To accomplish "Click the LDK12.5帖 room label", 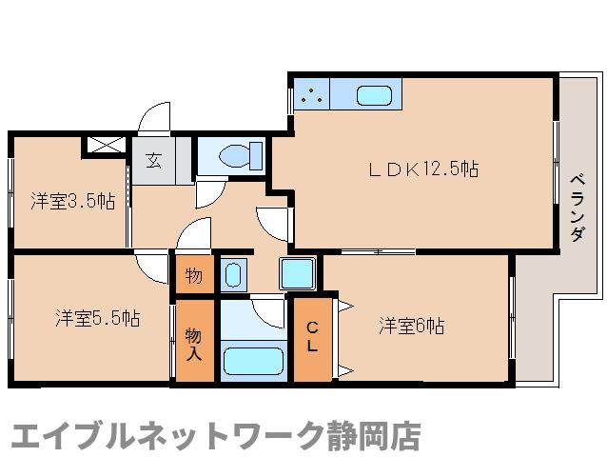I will (x=423, y=169).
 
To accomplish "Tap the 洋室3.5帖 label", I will (x=72, y=201).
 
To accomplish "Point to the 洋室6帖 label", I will (x=411, y=326).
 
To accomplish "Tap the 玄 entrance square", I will (x=153, y=160).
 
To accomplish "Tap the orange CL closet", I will (x=311, y=339).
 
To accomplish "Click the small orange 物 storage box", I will (x=193, y=276).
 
